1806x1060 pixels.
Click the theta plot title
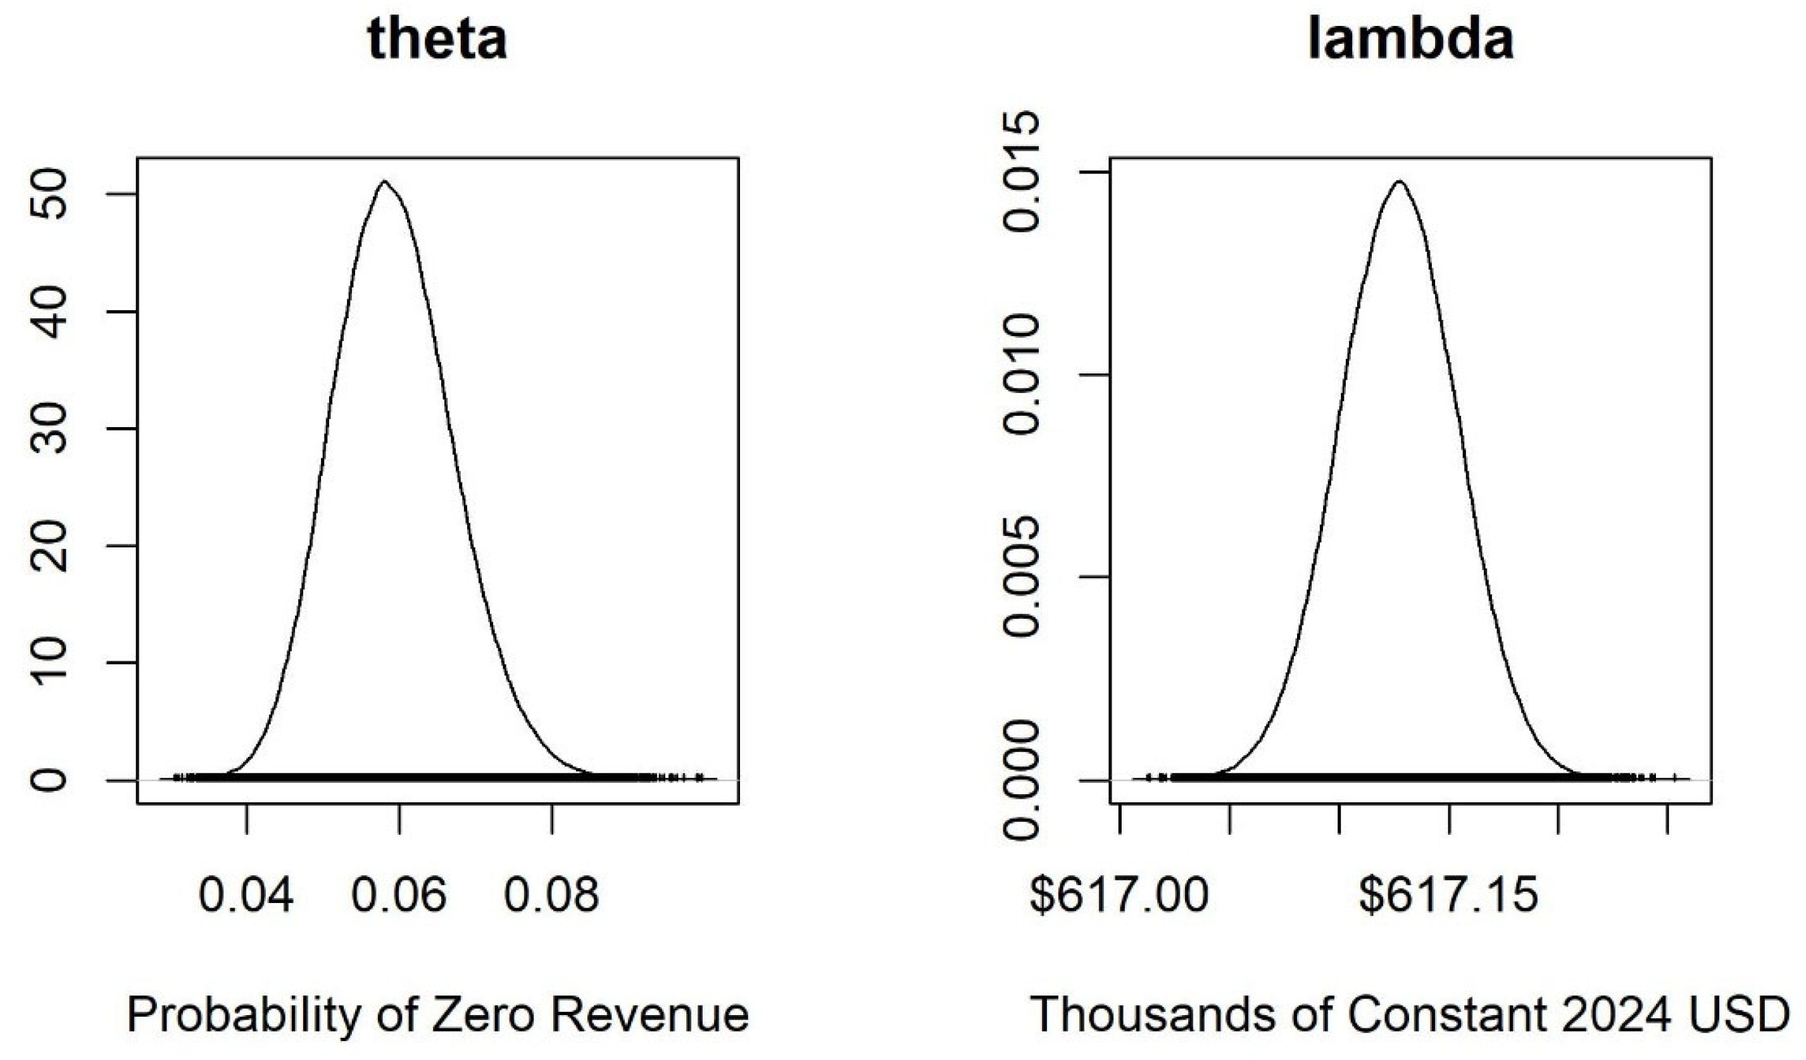point(437,39)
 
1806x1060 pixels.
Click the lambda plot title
point(1410,39)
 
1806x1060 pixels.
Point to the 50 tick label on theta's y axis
point(49,194)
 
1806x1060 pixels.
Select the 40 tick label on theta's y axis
point(49,312)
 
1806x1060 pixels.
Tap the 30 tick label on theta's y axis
point(49,429)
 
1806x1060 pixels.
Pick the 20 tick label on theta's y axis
point(49,546)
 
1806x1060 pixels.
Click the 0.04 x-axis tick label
point(246,895)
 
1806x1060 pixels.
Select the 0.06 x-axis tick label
point(399,895)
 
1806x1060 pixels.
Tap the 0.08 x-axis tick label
point(552,895)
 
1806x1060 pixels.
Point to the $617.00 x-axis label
point(1119,895)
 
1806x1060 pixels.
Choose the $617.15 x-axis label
point(1449,895)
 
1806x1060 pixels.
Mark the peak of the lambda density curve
point(1398,182)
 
